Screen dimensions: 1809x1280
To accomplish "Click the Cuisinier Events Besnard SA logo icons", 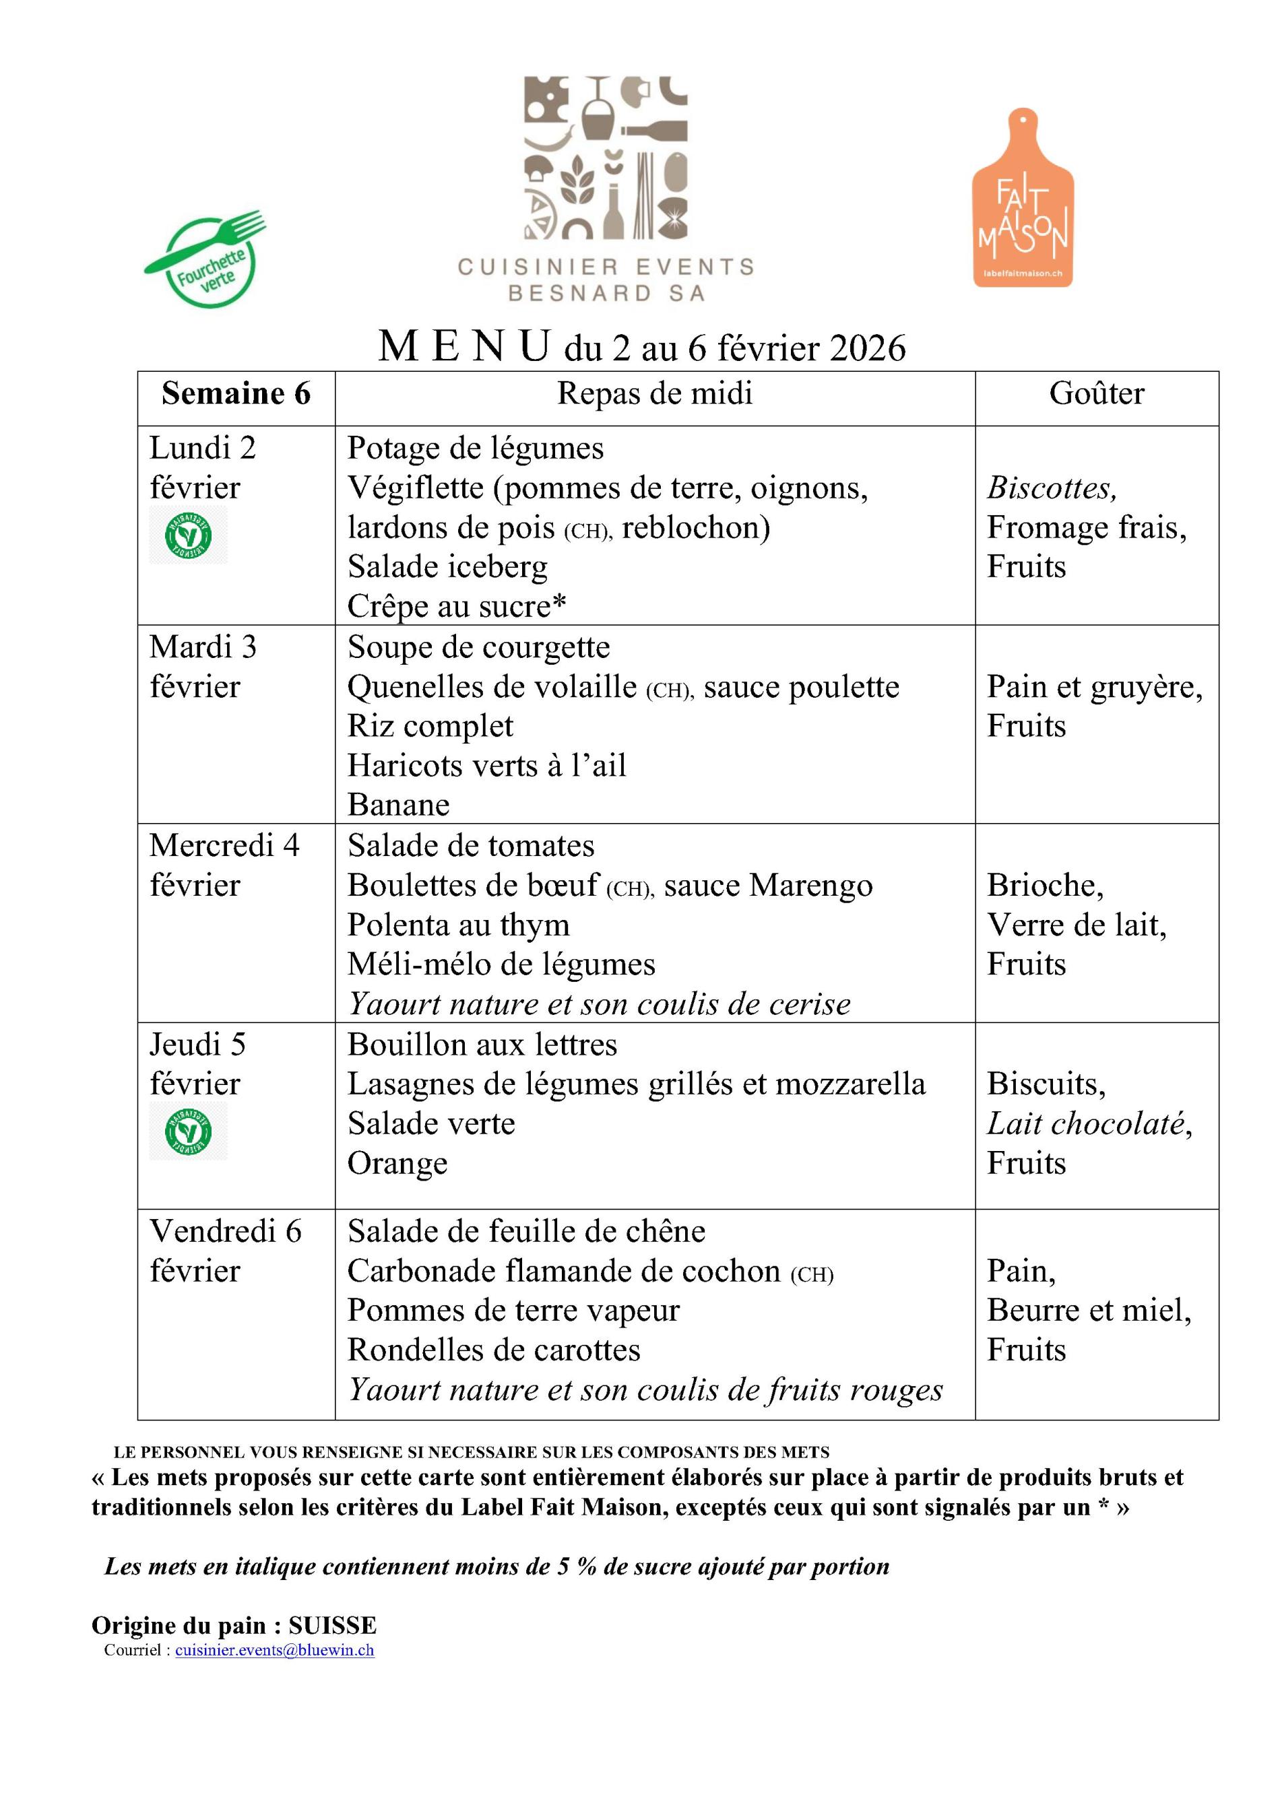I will (x=606, y=158).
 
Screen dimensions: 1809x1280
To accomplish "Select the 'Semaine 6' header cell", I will (x=236, y=393).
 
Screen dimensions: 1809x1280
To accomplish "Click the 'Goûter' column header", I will (x=1095, y=393).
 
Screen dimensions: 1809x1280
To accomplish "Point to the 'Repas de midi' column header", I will (x=654, y=393).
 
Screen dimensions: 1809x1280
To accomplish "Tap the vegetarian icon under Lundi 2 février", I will (x=189, y=535).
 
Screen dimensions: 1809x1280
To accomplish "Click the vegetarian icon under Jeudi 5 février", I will (x=189, y=1131).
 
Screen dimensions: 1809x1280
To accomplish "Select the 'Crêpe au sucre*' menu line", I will (x=457, y=606).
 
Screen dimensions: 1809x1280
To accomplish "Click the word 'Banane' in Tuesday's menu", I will (x=399, y=804).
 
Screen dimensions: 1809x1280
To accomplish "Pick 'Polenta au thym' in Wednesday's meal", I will (x=458, y=924).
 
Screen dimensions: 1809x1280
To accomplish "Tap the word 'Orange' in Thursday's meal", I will (x=397, y=1163).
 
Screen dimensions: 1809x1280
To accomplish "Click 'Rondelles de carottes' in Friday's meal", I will (x=493, y=1350).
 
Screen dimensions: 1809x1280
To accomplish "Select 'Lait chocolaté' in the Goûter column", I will (x=1089, y=1123).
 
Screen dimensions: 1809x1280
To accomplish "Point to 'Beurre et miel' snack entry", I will (x=1089, y=1310).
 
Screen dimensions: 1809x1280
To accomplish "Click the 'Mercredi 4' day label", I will (x=224, y=845).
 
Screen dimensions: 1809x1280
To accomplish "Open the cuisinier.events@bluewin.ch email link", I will (x=274, y=1650).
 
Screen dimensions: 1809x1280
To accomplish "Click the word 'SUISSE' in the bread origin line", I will (x=333, y=1624).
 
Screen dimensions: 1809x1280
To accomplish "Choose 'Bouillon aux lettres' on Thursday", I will (x=482, y=1044).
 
